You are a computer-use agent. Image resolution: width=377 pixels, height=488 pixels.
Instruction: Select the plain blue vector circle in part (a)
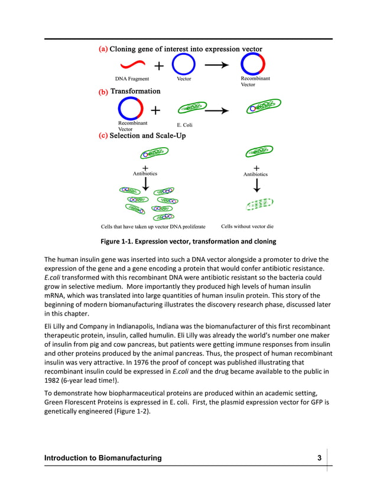click(184, 64)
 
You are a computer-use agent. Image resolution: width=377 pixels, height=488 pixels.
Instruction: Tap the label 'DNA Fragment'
click(132, 79)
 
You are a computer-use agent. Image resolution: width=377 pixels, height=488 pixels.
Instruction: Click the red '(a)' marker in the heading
click(103, 50)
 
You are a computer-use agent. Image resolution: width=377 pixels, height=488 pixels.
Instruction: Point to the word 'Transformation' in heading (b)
click(135, 92)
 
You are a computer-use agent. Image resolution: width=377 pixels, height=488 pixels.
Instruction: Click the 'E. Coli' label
click(185, 125)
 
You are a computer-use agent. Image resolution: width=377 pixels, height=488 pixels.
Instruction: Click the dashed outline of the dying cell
click(258, 204)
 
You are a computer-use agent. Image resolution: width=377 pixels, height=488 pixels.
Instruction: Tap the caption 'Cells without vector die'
click(247, 226)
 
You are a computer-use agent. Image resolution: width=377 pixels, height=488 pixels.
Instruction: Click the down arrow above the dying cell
click(256, 186)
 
